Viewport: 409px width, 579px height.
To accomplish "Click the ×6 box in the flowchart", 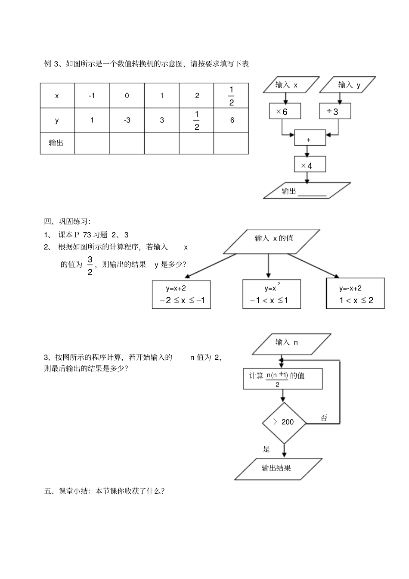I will coord(285,112).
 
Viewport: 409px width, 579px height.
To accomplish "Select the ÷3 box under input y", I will coord(335,112).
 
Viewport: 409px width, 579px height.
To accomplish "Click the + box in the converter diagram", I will coord(310,138).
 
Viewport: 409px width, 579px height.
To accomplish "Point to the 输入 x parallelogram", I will coord(291,85).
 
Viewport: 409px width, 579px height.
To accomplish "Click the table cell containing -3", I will coord(127,120).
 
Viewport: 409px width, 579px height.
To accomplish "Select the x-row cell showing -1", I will coord(92,96).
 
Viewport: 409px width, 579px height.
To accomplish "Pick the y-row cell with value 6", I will coord(232,120).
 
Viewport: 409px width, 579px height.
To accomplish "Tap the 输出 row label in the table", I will coord(56,143).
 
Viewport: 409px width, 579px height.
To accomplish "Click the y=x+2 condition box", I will coord(181,295).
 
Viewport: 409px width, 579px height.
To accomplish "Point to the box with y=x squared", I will coord(271,295).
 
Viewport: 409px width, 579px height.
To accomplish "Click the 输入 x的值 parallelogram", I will coord(272,241).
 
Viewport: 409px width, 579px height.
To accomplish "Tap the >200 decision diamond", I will coord(284,423).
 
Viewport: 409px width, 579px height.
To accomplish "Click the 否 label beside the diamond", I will coord(324,418).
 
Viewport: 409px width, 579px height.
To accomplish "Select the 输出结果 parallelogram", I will coord(277,468).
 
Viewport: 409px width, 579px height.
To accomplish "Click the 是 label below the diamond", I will coord(266,449).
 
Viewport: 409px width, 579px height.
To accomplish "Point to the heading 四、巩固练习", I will coord(67,221).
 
